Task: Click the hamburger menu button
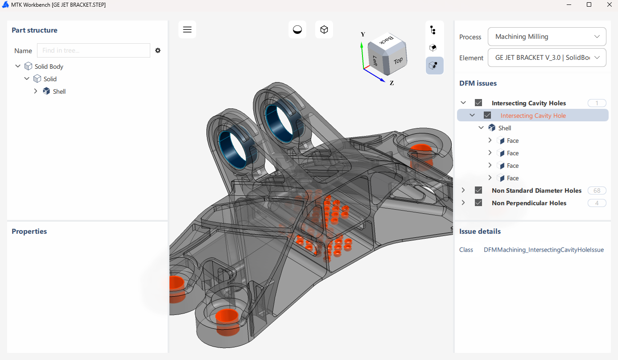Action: [x=187, y=29]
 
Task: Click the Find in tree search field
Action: [x=94, y=50]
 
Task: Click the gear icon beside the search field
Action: [x=158, y=50]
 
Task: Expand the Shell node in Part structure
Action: [x=36, y=91]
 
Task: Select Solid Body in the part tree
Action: [x=49, y=66]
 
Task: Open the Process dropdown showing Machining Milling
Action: [x=547, y=37]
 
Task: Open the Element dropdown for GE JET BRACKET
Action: [x=547, y=58]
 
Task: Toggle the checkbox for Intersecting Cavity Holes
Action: [x=478, y=103]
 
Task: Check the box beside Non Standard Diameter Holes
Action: [x=478, y=190]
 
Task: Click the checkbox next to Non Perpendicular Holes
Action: [x=478, y=203]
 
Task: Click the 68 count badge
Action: [x=597, y=190]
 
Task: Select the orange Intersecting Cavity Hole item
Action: [x=533, y=116]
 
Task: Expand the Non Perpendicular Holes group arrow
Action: [x=463, y=203]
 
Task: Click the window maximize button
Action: [x=589, y=4]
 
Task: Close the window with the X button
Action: [x=609, y=4]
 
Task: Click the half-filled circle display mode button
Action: [x=297, y=29]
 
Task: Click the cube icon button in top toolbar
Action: [x=324, y=29]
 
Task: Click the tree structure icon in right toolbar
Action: [x=433, y=30]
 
